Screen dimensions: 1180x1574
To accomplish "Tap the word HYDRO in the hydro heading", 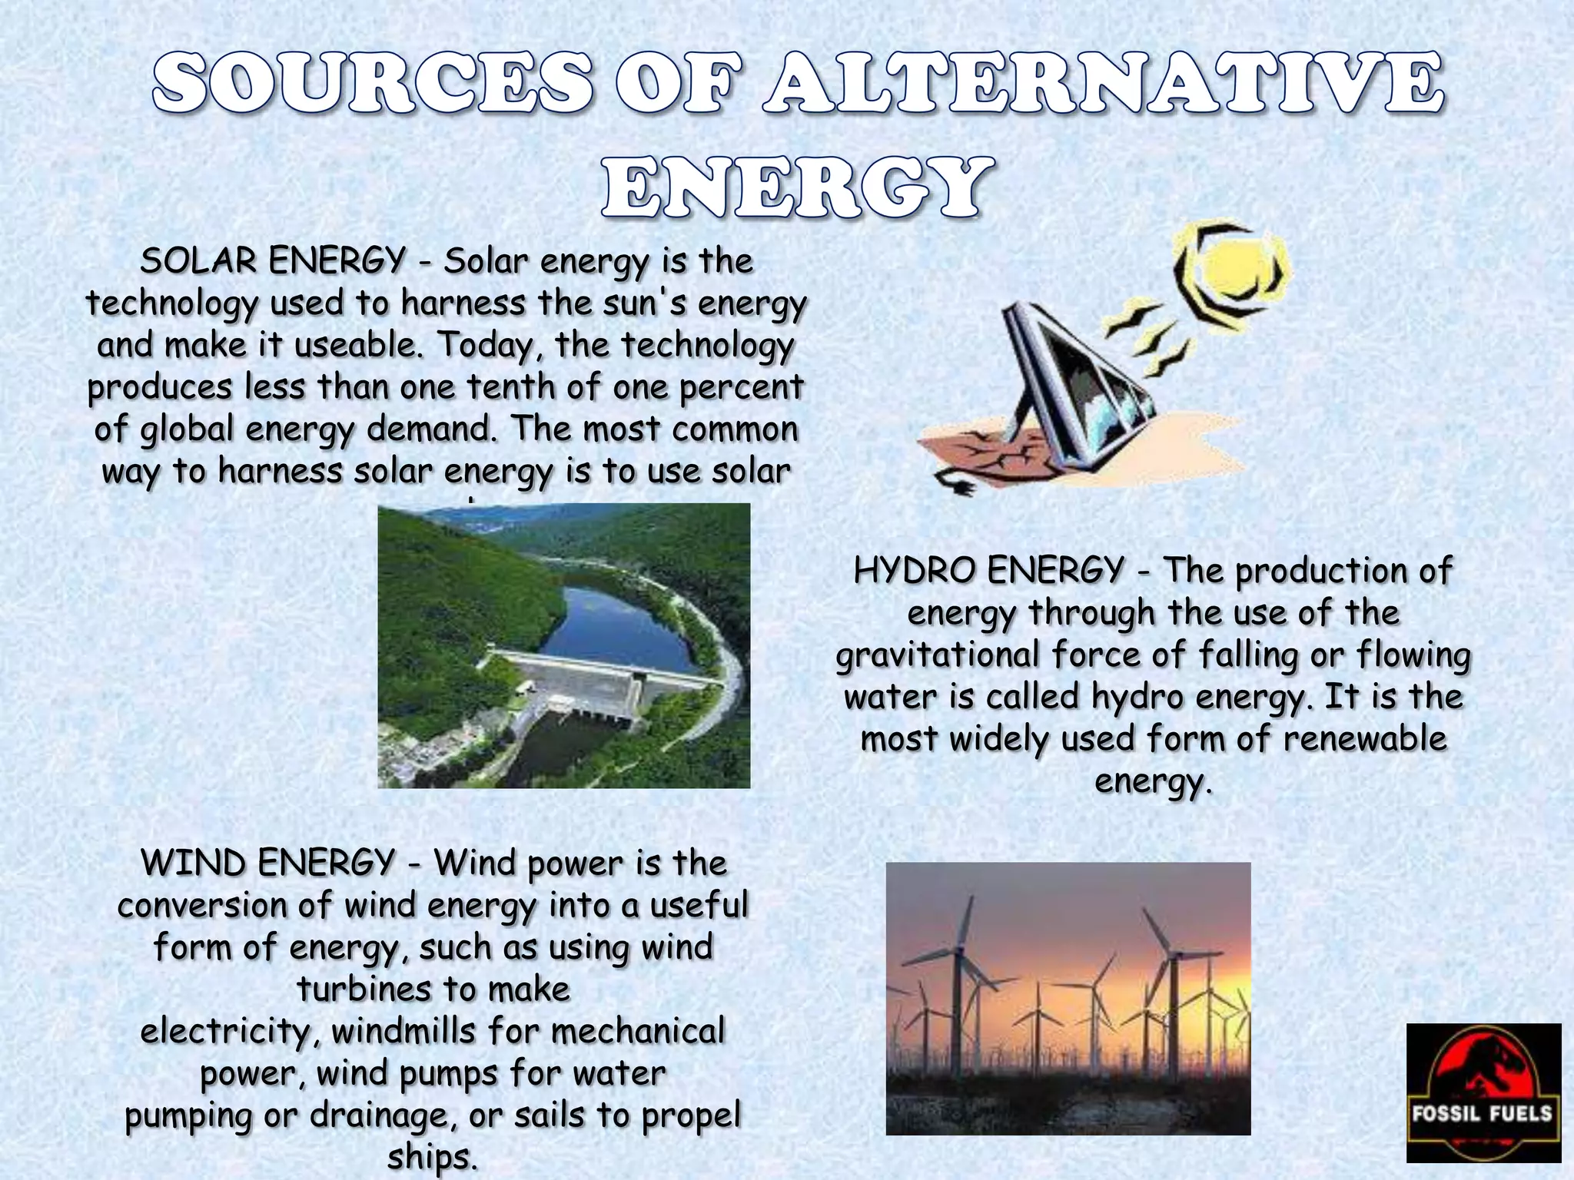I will (912, 572).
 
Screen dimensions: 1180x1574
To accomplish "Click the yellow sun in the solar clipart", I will (1234, 272).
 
